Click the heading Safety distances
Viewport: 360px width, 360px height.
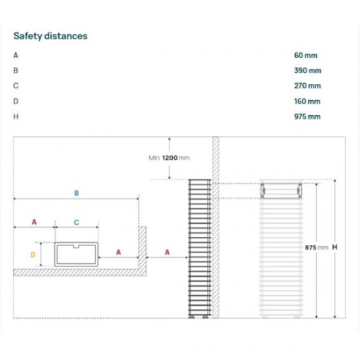tap(50, 36)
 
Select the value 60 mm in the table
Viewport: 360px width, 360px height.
tap(306, 56)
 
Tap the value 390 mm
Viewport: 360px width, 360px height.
tap(308, 71)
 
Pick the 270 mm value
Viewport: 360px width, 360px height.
tap(308, 86)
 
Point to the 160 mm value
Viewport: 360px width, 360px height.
tap(307, 101)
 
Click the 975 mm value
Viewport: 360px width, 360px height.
tap(307, 117)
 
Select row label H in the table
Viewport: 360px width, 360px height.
tap(16, 117)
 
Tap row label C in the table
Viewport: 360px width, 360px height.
tap(16, 86)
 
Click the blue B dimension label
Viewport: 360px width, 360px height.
tap(77, 193)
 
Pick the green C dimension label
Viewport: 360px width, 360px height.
tap(77, 223)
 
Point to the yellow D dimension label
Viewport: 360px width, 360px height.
tap(33, 255)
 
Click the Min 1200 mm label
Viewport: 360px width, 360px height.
tap(170, 158)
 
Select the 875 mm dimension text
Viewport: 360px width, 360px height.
tap(316, 247)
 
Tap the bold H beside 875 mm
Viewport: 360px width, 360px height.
tap(334, 247)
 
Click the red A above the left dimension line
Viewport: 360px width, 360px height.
tap(34, 222)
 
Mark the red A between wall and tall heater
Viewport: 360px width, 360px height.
tap(167, 252)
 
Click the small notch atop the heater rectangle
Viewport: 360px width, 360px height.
tap(76, 246)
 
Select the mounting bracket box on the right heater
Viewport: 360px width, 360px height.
tap(281, 190)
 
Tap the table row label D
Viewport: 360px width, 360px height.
tap(16, 101)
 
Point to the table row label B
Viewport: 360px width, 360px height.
tap(16, 71)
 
